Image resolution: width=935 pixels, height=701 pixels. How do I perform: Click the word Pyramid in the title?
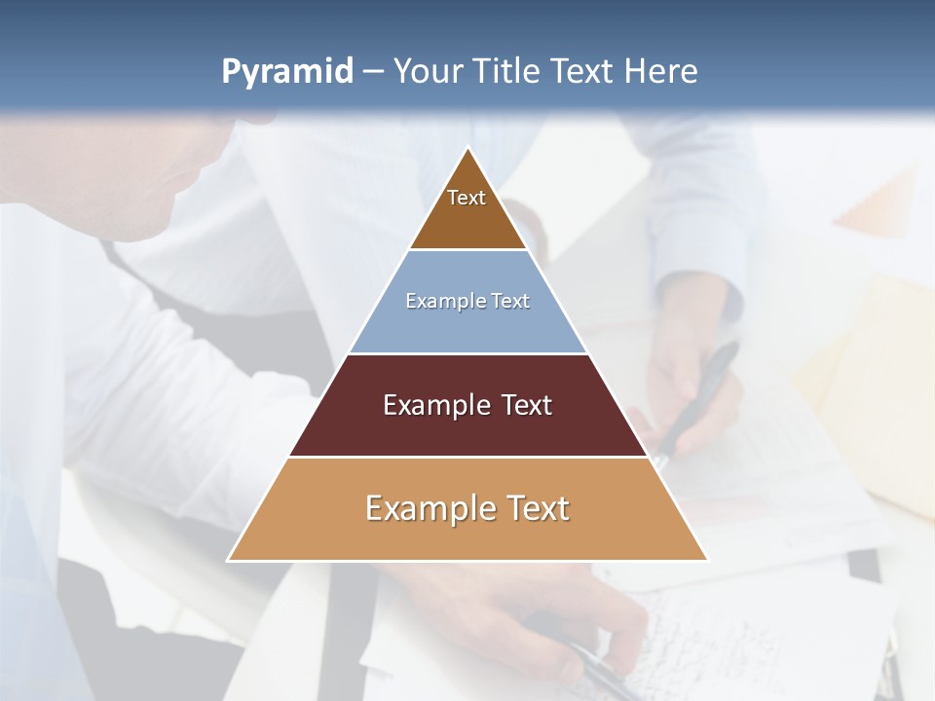(287, 72)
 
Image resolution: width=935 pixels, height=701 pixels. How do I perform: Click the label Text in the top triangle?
(467, 198)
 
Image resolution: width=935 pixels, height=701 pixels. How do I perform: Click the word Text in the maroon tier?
(527, 405)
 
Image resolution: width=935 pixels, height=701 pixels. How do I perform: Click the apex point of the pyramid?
(467, 149)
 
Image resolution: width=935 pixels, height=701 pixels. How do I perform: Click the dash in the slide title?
(372, 72)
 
